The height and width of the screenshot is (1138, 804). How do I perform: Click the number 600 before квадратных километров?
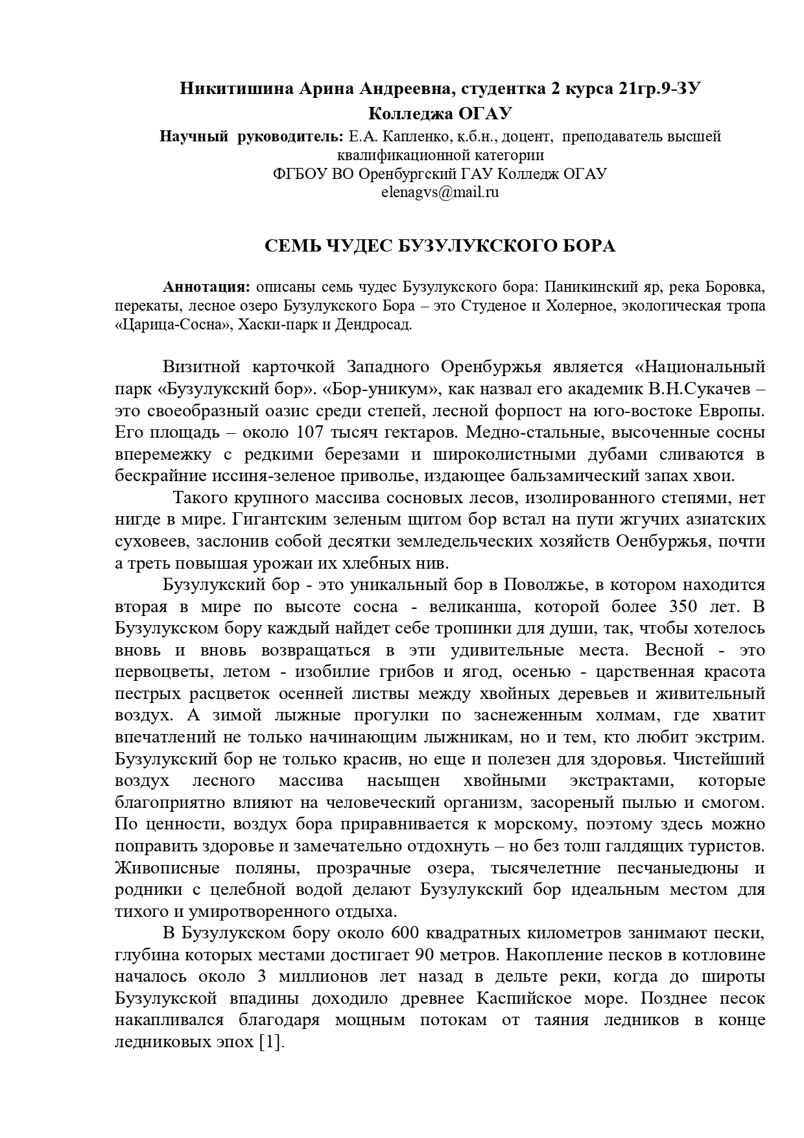pyautogui.click(x=408, y=933)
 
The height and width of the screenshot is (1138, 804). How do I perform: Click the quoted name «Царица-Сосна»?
pyautogui.click(x=171, y=324)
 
